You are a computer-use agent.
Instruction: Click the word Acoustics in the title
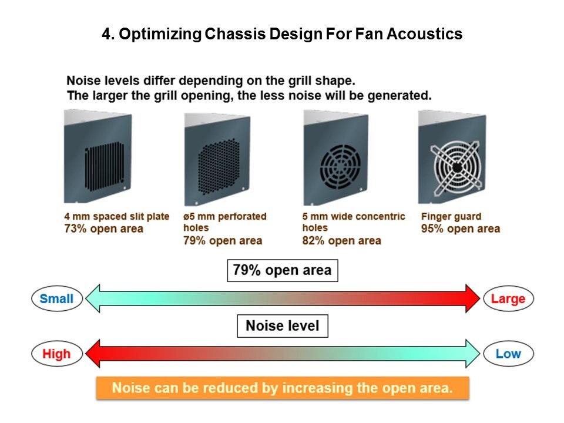(x=424, y=34)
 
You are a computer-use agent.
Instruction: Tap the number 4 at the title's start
(x=106, y=34)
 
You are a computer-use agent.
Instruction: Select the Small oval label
(x=57, y=298)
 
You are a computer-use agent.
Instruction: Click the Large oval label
(x=508, y=298)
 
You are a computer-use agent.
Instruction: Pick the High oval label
(x=57, y=354)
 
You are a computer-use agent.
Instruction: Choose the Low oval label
(x=508, y=354)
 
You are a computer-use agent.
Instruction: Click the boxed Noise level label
(x=283, y=326)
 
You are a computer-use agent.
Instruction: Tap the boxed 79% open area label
(x=283, y=270)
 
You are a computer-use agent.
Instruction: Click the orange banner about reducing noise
(x=283, y=388)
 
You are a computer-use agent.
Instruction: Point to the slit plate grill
(x=105, y=166)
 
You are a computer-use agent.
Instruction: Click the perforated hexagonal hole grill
(x=219, y=166)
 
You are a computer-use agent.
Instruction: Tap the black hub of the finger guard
(x=457, y=167)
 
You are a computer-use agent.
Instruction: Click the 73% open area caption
(x=103, y=229)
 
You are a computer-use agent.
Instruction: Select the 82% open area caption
(x=341, y=241)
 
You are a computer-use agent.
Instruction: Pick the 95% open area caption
(x=461, y=229)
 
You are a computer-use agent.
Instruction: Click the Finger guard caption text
(x=451, y=217)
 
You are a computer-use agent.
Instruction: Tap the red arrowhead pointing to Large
(x=472, y=298)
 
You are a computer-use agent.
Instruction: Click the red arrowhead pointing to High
(x=93, y=354)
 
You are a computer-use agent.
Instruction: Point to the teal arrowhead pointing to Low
(x=472, y=354)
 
